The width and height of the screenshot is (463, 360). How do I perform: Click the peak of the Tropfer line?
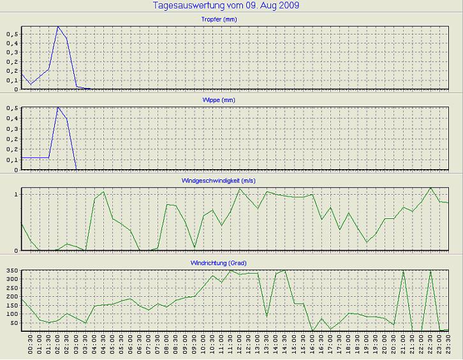(x=58, y=27)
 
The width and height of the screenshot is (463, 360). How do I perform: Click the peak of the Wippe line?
(x=58, y=107)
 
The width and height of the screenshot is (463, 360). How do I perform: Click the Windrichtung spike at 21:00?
(x=403, y=271)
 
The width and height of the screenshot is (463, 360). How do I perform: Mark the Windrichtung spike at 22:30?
(x=430, y=271)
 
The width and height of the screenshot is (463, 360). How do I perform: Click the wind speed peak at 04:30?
(x=103, y=191)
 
